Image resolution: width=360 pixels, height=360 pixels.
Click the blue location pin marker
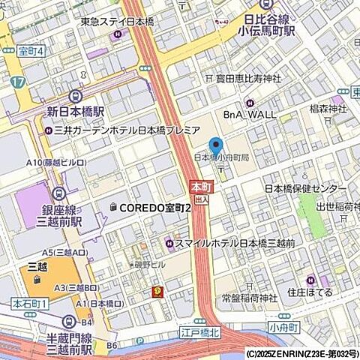click(x=217, y=148)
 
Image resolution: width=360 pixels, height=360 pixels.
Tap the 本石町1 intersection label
click(x=29, y=303)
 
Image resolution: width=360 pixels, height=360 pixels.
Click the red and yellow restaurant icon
click(x=157, y=291)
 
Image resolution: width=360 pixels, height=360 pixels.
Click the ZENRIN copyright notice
click(x=302, y=353)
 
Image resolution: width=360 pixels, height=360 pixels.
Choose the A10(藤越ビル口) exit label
click(x=55, y=162)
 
